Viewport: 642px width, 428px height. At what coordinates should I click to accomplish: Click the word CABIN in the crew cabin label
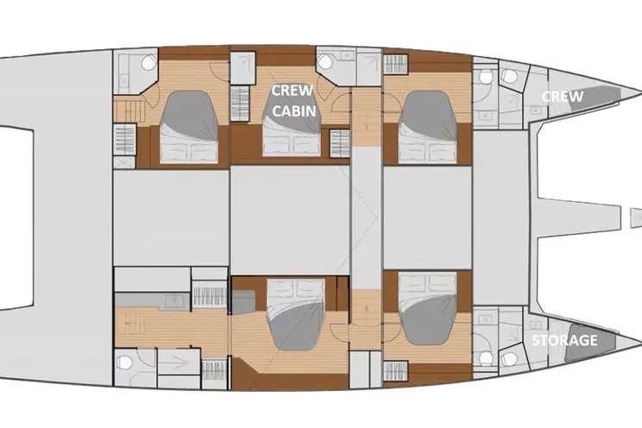293,110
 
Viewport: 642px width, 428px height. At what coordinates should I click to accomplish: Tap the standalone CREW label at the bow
562,97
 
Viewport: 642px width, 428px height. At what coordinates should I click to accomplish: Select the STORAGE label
564,340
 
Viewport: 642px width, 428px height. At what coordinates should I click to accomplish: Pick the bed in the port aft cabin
188,127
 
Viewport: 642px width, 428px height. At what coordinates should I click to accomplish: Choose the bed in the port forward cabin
427,127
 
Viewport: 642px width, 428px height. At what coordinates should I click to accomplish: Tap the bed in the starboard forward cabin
427,310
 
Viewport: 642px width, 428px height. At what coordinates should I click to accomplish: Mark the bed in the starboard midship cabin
296,314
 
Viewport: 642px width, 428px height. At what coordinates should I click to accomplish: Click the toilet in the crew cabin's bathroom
326,61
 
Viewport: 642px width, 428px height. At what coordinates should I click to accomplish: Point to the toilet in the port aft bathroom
148,62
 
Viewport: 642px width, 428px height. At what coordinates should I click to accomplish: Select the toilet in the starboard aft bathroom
124,362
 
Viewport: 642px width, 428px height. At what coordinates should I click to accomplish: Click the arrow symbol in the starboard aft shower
179,362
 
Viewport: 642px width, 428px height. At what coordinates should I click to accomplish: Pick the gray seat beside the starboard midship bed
243,301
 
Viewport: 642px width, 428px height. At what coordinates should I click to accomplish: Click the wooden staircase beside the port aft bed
129,111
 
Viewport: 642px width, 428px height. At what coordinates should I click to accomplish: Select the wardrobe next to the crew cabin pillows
339,143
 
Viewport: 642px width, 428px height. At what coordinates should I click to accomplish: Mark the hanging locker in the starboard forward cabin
396,371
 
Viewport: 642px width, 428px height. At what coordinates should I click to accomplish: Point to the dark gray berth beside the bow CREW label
595,98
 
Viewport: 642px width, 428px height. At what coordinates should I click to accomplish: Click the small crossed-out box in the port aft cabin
124,162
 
